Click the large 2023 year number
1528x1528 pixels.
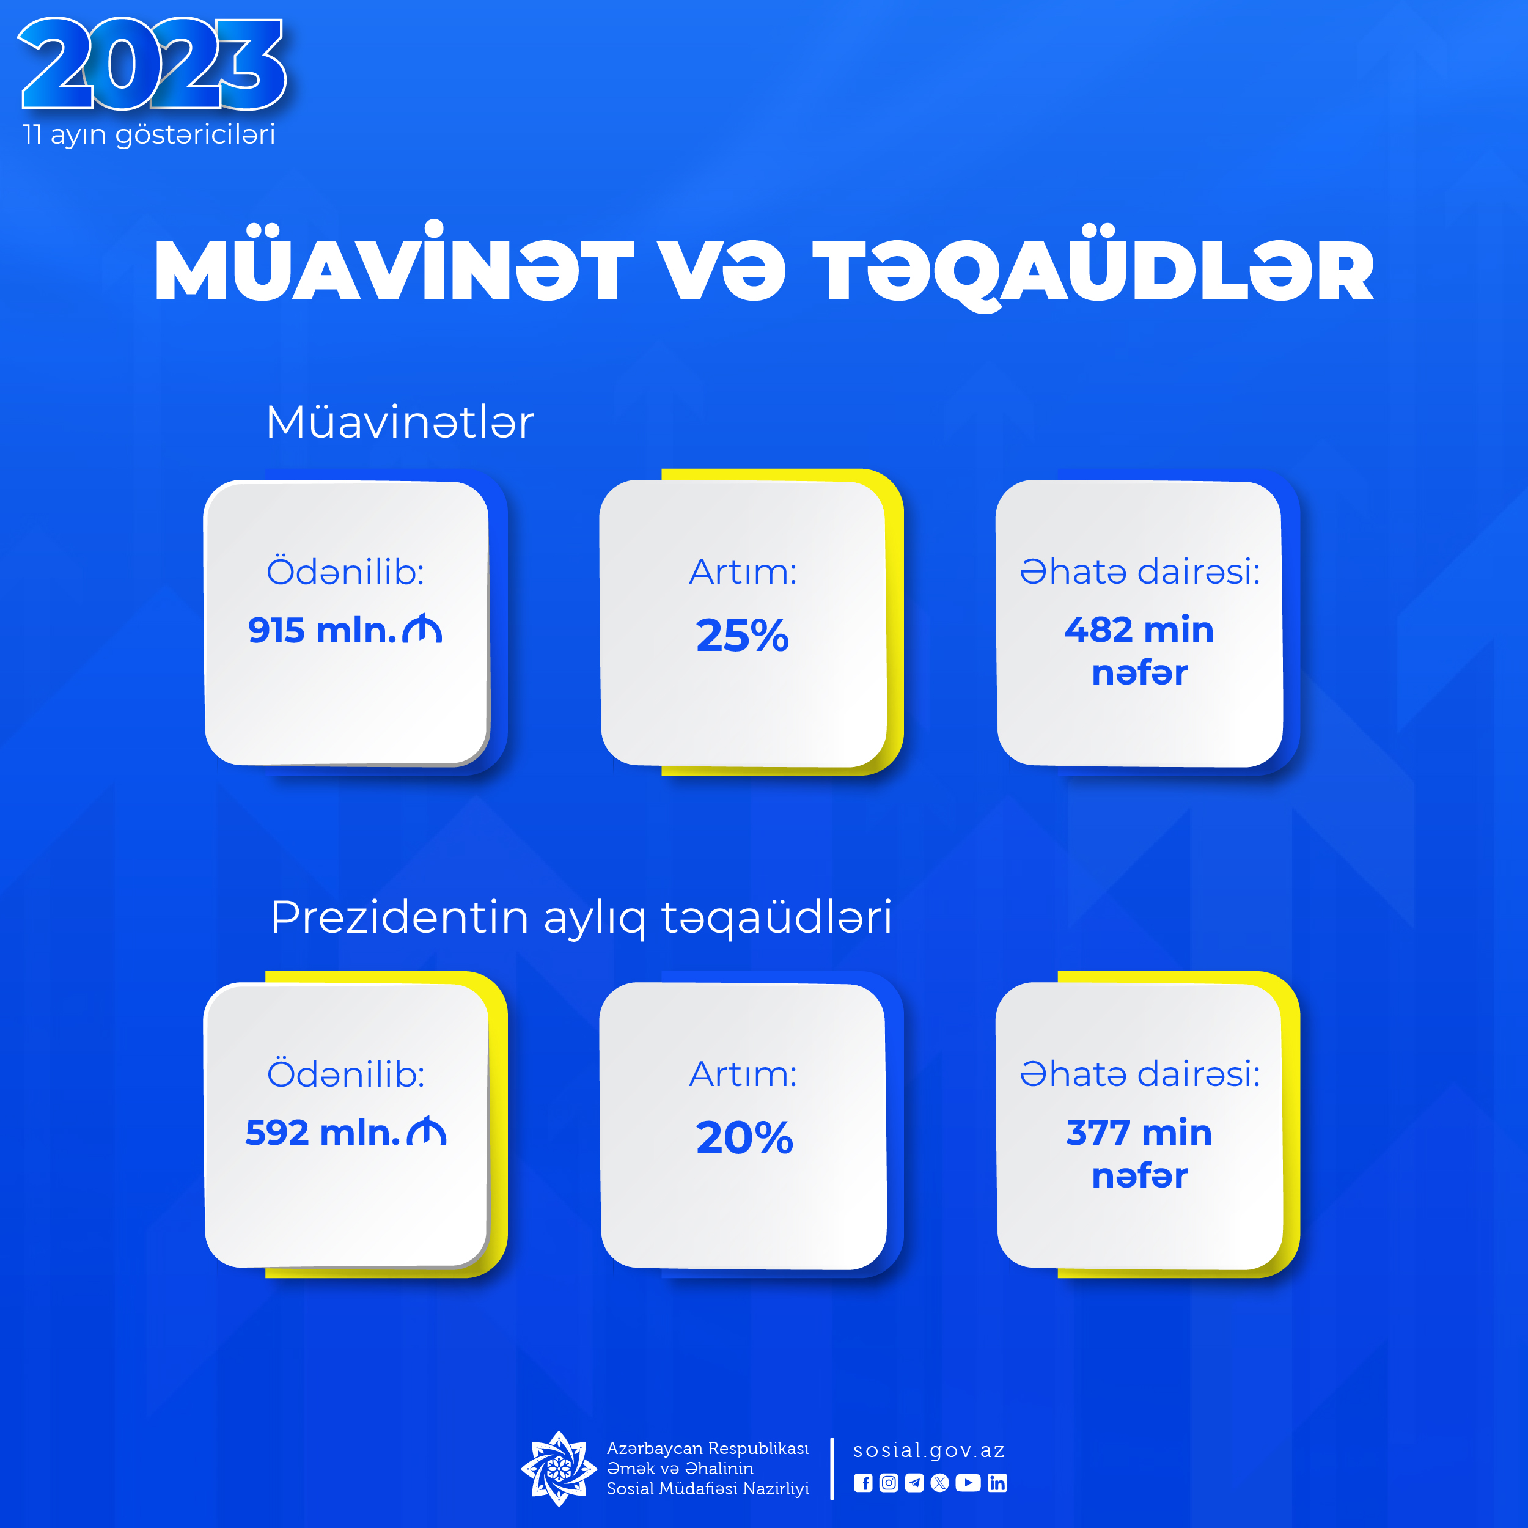pyautogui.click(x=152, y=64)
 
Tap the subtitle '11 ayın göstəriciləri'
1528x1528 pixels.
pyautogui.click(x=149, y=134)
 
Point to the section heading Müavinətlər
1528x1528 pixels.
pyautogui.click(x=399, y=422)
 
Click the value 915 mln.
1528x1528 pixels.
pyautogui.click(x=322, y=630)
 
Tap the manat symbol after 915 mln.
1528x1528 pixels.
pyautogui.click(x=422, y=630)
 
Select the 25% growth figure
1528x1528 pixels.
pyautogui.click(x=743, y=635)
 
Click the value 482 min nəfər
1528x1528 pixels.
pyautogui.click(x=1139, y=651)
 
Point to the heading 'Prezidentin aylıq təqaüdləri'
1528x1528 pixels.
pyautogui.click(x=581, y=918)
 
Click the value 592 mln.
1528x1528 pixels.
pyautogui.click(x=323, y=1133)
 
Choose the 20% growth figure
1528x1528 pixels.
pyautogui.click(x=744, y=1138)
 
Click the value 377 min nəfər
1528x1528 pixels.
pyautogui.click(x=1139, y=1154)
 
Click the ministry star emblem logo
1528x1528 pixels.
pyautogui.click(x=559, y=1469)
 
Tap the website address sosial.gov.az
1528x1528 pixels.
pyautogui.click(x=929, y=1450)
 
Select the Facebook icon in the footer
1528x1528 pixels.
pyautogui.click(x=863, y=1483)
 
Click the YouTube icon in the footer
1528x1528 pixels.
pyautogui.click(x=968, y=1483)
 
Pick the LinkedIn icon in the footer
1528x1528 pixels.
pyautogui.click(x=997, y=1483)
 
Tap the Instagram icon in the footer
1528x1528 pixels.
pyautogui.click(x=889, y=1483)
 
